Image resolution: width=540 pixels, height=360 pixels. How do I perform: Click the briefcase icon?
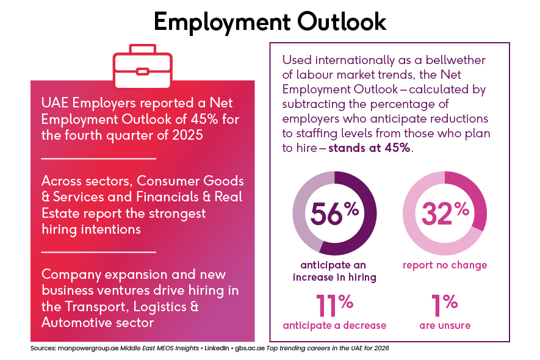pos(143,62)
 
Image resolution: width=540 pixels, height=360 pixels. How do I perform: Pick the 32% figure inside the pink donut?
pos(445,213)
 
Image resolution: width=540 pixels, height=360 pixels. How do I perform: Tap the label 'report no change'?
pos(445,265)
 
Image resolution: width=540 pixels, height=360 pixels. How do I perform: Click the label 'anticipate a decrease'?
pos(334,325)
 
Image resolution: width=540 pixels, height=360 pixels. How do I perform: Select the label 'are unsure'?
pos(445,325)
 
